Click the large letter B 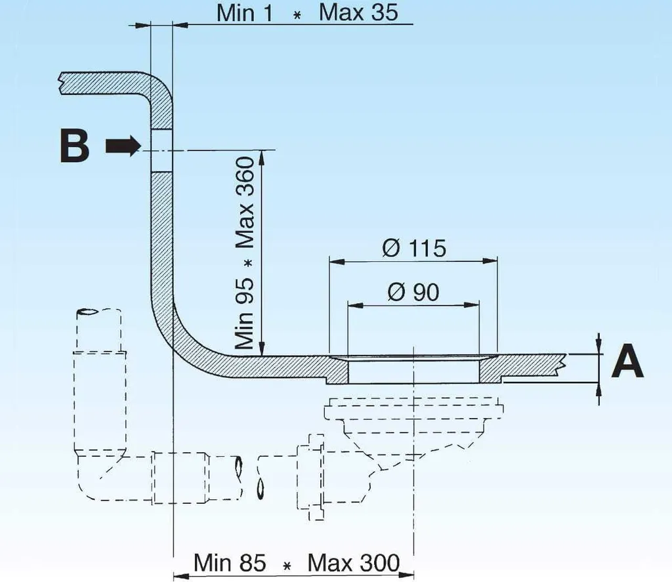75,146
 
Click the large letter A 627,360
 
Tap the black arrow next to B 123,146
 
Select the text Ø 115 414,248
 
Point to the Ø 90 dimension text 413,292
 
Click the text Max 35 358,12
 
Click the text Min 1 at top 245,13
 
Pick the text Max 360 245,202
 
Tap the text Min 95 245,314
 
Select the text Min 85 230,562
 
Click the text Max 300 354,562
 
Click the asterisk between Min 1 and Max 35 297,16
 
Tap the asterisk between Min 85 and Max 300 287,566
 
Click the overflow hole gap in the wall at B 162,151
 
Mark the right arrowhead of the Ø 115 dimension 490,260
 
